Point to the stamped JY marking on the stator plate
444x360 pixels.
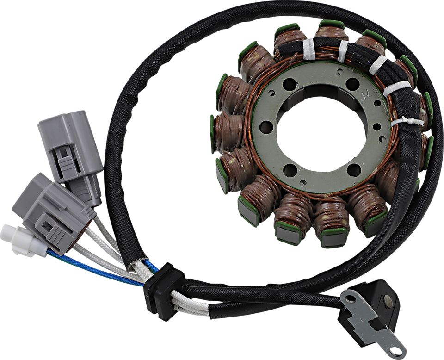[365, 97]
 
